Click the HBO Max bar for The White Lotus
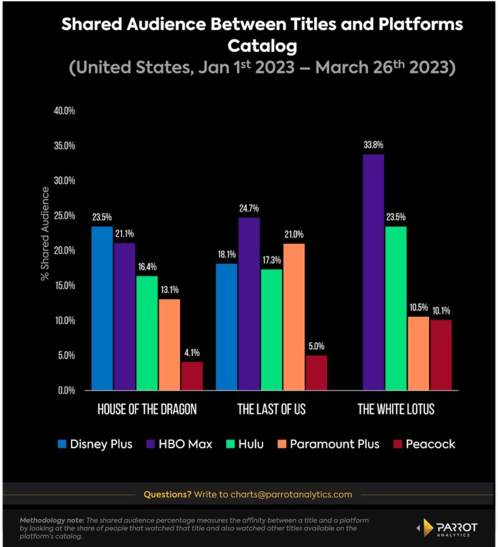[x=373, y=272]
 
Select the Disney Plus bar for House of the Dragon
[x=102, y=308]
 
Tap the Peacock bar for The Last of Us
[x=316, y=373]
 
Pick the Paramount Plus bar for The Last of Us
[x=293, y=317]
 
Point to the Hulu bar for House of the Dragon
[x=147, y=333]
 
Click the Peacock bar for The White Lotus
[x=441, y=355]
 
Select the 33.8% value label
[x=373, y=145]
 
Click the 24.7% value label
[x=249, y=208]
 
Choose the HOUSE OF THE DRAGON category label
[x=147, y=410]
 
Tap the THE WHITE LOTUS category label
[x=396, y=410]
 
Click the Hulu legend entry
[x=244, y=444]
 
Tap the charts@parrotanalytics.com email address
[x=291, y=494]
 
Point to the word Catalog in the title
[x=262, y=46]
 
